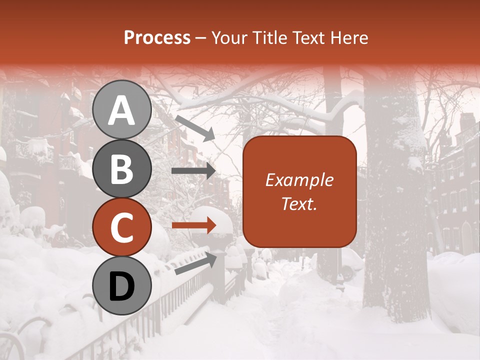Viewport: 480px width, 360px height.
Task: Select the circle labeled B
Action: tap(122, 168)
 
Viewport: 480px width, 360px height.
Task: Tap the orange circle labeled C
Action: tap(122, 227)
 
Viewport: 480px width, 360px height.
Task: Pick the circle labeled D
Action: tap(122, 286)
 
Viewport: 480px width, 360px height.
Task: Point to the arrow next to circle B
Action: tap(193, 171)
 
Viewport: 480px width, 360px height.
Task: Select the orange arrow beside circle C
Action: tap(194, 225)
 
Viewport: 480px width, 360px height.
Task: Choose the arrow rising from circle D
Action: tap(196, 263)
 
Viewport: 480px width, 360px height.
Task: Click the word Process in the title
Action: tap(157, 38)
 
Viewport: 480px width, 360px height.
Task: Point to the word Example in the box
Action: tap(299, 180)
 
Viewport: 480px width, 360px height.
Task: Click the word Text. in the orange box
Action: tap(299, 203)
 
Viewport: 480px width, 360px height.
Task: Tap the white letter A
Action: tap(122, 110)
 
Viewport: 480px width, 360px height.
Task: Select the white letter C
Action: tap(122, 228)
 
